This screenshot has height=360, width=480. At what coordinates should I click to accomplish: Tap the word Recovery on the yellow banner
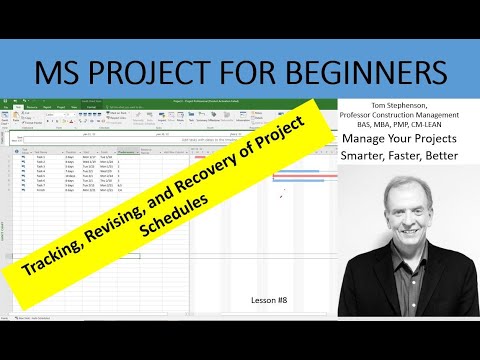point(240,149)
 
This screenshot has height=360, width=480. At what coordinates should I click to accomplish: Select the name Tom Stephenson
point(401,103)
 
